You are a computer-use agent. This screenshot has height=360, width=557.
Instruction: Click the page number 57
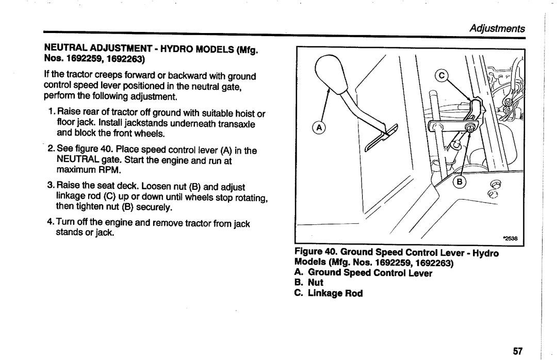pyautogui.click(x=518, y=351)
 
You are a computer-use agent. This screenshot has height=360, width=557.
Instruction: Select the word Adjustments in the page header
pyautogui.click(x=497, y=28)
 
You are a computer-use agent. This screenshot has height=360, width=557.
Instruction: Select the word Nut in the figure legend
pyautogui.click(x=316, y=283)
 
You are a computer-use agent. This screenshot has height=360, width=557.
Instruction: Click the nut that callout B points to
pyautogui.click(x=471, y=127)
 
